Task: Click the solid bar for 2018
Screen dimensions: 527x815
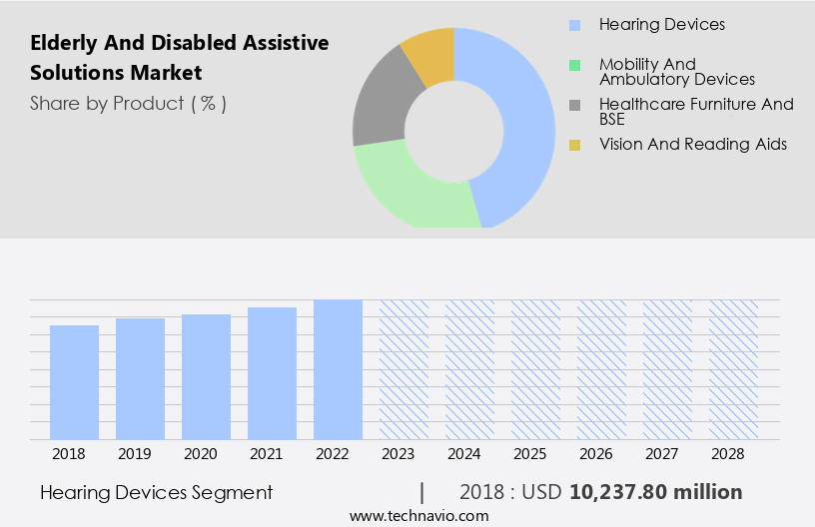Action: point(74,382)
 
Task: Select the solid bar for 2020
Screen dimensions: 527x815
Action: point(206,377)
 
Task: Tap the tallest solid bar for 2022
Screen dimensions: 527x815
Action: point(338,369)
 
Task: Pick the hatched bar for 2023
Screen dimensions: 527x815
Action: point(404,369)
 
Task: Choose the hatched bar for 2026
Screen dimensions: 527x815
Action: point(601,369)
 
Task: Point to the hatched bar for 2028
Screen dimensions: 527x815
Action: point(733,369)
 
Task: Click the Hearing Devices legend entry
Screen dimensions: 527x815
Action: point(661,24)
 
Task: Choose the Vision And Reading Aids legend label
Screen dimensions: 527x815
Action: point(692,145)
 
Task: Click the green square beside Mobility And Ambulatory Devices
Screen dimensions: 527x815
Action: point(574,66)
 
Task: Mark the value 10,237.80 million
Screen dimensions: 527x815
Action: point(655,492)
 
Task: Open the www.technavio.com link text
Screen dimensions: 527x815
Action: point(419,516)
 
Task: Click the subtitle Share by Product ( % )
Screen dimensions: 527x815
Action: point(128,103)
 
